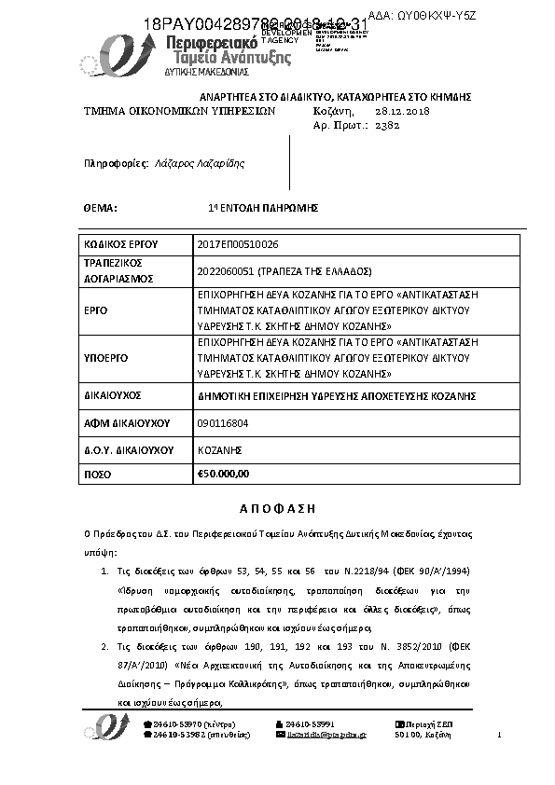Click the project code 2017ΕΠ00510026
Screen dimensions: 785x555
(x=239, y=244)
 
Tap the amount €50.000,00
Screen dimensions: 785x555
(x=224, y=474)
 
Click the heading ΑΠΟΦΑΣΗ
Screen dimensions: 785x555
(x=278, y=508)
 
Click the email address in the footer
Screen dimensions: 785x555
(x=327, y=736)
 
